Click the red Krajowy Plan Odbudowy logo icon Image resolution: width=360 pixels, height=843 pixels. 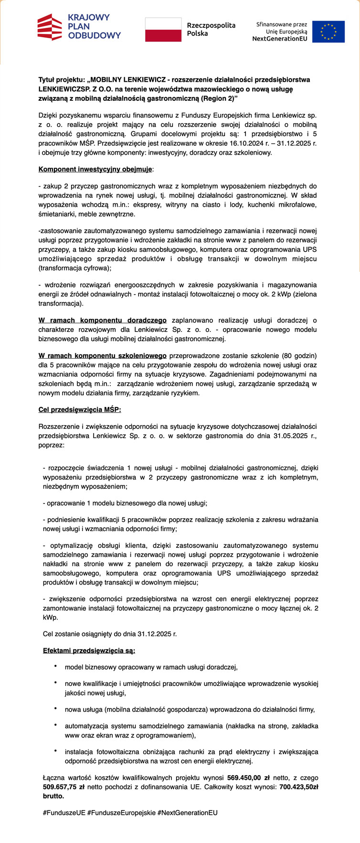point(50,27)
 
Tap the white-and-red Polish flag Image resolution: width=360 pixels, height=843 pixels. point(163,30)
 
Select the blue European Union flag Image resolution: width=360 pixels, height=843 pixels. point(328,32)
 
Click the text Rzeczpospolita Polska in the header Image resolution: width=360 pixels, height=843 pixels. point(211,30)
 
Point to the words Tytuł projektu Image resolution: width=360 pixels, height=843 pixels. point(61,80)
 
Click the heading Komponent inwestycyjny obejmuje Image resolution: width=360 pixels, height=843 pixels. point(95,169)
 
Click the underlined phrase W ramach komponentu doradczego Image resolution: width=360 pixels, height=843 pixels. point(102,320)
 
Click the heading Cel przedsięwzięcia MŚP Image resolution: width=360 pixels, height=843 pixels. point(79,410)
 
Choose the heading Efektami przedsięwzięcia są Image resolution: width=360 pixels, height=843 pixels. point(89,651)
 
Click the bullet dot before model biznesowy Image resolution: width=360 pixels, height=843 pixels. point(55,666)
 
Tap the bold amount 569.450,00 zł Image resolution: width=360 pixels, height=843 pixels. point(249,778)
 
